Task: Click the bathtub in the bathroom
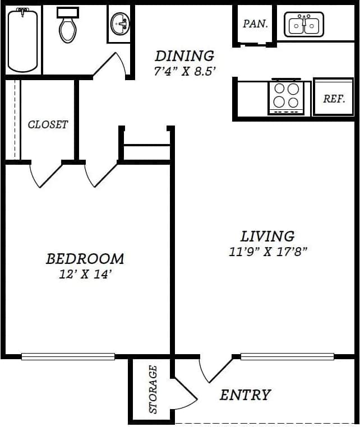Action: coord(22,40)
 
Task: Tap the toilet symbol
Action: coord(68,26)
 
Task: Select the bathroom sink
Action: coord(120,25)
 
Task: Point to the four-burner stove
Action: coord(286,96)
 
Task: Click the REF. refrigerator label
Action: coord(334,99)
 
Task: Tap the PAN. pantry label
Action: coord(255,24)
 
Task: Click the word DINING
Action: coord(184,56)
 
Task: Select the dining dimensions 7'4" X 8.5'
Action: coord(184,72)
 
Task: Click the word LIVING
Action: coord(267,236)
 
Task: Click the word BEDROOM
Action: coord(85,259)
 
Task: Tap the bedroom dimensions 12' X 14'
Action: coord(85,275)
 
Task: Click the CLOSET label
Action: coord(48,124)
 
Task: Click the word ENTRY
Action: coord(245,395)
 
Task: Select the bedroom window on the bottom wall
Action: coord(68,356)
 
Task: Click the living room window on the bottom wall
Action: coord(287,356)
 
